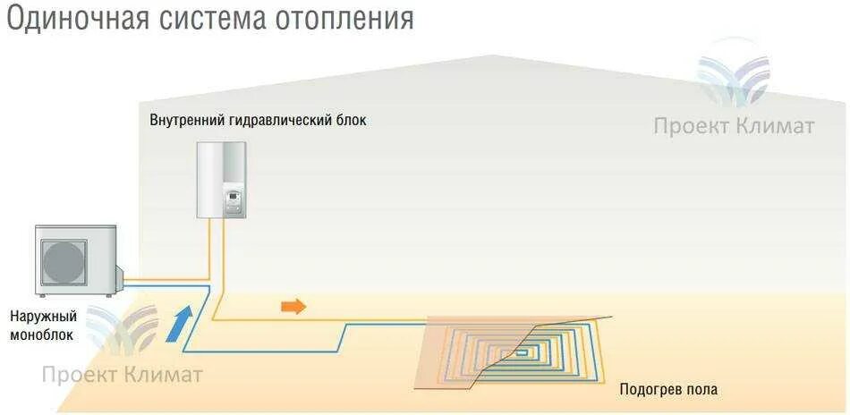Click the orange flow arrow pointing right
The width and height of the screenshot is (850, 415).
click(x=293, y=307)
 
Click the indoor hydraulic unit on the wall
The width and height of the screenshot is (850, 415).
click(x=221, y=179)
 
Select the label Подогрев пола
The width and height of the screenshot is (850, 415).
click(x=668, y=390)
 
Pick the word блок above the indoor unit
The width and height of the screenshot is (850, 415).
click(x=350, y=120)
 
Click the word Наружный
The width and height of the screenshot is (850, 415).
click(x=44, y=317)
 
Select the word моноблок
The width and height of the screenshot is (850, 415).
click(x=42, y=335)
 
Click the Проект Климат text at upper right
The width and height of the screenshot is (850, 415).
click(x=734, y=126)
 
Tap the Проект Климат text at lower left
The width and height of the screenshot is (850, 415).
click(x=122, y=374)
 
